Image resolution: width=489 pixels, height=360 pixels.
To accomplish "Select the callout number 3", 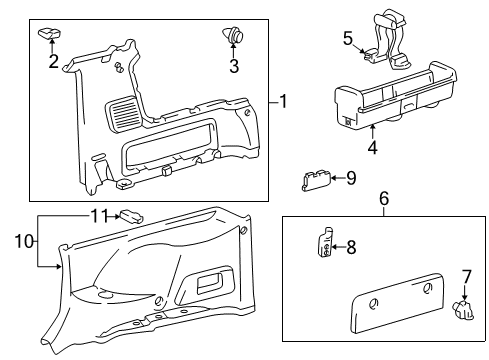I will click(234, 68).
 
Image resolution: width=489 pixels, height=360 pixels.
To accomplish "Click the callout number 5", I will click(348, 38).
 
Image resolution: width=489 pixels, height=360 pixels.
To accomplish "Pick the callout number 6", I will click(383, 200).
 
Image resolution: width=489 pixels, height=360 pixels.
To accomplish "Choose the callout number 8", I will click(351, 246).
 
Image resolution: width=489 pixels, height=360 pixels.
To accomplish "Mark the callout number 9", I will click(350, 179).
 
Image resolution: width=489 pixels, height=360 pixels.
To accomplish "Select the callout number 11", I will click(98, 215).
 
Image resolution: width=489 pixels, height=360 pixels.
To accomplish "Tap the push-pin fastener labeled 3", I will click(235, 37).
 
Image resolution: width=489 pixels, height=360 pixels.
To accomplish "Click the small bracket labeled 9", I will click(318, 180).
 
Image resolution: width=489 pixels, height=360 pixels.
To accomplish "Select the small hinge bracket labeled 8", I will click(326, 245).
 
